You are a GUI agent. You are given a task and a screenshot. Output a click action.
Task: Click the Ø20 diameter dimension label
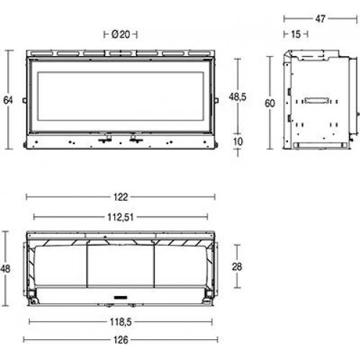click(x=120, y=34)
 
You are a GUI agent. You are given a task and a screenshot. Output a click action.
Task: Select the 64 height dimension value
click(x=9, y=99)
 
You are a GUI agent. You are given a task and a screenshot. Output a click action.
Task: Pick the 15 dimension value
click(x=296, y=34)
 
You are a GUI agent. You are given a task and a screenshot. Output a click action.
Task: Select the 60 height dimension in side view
click(x=270, y=103)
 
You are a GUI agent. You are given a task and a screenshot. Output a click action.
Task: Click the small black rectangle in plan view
click(x=120, y=296)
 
